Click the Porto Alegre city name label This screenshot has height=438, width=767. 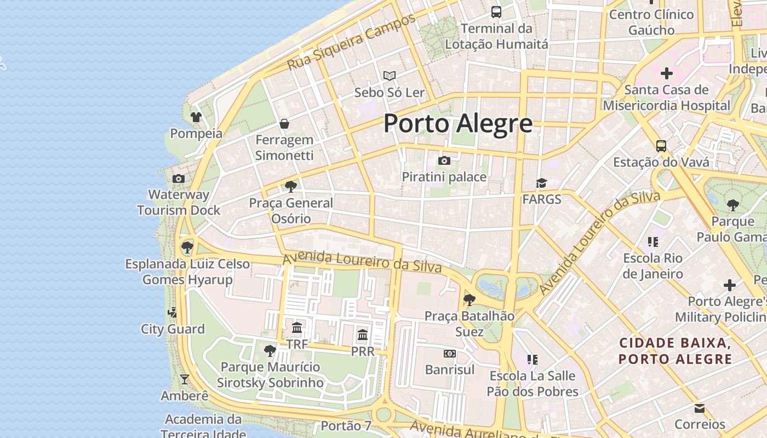[457, 123]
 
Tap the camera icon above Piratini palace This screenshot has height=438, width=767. [444, 160]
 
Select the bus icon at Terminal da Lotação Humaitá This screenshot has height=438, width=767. [496, 11]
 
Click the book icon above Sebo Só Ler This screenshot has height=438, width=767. [390, 76]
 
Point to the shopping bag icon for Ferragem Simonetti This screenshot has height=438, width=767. [284, 124]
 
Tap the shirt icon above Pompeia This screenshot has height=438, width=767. [196, 117]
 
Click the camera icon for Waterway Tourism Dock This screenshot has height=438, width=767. [179, 178]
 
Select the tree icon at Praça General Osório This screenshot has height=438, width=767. [291, 187]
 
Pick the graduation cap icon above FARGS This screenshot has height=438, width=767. [541, 183]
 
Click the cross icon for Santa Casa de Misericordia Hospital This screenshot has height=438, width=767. [667, 73]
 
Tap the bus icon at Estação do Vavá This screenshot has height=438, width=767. [661, 146]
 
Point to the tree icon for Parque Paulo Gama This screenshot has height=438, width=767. [732, 205]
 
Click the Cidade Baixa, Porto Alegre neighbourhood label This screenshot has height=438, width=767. [675, 351]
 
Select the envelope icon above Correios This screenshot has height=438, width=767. [700, 408]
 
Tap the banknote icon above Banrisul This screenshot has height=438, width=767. [450, 354]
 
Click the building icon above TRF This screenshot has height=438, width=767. [297, 328]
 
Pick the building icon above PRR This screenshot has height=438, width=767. [363, 335]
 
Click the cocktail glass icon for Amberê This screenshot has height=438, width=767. [185, 379]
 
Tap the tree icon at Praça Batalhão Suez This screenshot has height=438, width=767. [469, 299]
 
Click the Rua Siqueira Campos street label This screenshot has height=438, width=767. [352, 42]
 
